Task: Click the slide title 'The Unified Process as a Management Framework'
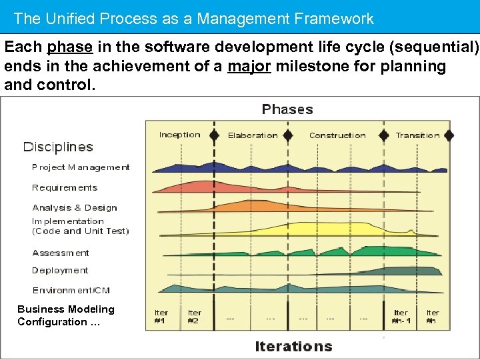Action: (193, 19)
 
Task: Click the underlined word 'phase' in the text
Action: (71, 48)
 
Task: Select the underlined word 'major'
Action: (249, 67)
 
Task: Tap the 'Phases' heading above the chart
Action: (287, 109)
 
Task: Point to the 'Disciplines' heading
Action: (58, 147)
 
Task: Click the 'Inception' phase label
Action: (179, 135)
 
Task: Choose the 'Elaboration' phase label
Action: (253, 135)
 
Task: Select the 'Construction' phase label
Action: (337, 135)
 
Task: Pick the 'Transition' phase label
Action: (417, 135)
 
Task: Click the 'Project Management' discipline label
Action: (81, 167)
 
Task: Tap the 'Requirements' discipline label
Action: (65, 187)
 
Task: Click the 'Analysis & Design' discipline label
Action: (74, 207)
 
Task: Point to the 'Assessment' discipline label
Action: (61, 253)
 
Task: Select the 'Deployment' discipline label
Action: (60, 270)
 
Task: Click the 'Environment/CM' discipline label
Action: (71, 290)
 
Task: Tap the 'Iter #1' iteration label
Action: (161, 317)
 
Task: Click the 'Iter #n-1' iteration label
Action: (401, 317)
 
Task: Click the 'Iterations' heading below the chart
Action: (293, 346)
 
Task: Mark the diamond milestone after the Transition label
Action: (449, 135)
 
